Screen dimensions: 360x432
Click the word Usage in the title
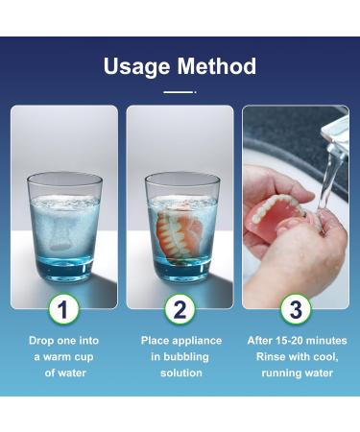coord(136,67)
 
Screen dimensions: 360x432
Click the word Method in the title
coord(217,66)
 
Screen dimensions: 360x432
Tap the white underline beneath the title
coord(180,92)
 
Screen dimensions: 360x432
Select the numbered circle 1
coord(63,309)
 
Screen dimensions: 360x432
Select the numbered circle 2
coord(180,309)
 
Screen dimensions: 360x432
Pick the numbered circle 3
coord(296,309)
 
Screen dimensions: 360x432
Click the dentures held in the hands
coord(281,218)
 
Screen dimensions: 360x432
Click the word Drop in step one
coord(39,341)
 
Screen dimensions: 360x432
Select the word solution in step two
coord(181,372)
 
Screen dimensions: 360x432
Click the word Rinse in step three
coord(269,356)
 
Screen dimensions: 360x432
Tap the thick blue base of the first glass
coord(64,271)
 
